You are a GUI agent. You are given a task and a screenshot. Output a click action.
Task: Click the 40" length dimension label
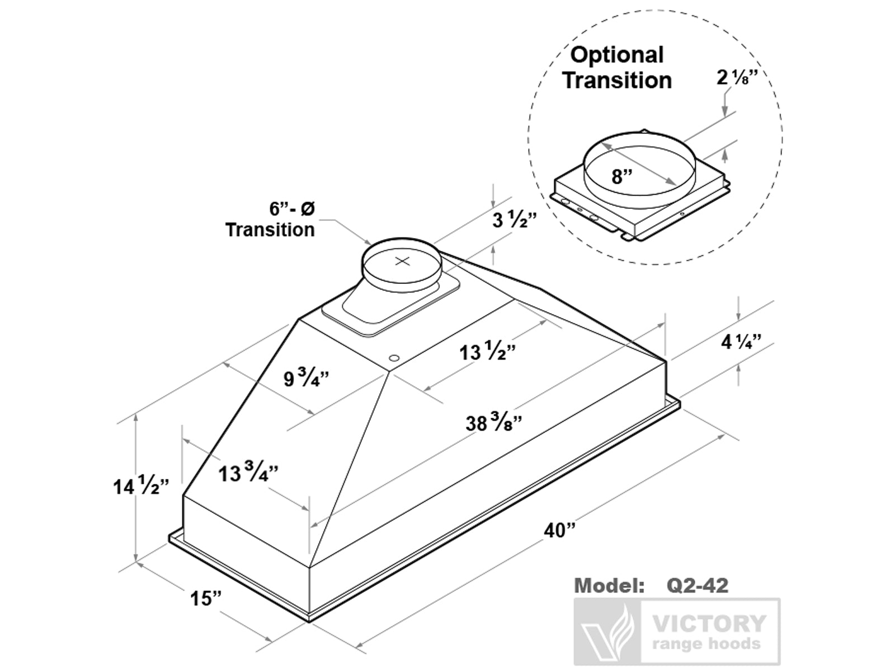point(559,530)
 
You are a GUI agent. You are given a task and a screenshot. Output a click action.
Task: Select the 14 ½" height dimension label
point(140,486)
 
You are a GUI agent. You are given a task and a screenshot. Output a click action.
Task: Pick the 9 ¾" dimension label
point(305,378)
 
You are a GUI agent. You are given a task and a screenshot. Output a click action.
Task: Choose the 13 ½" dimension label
point(487,352)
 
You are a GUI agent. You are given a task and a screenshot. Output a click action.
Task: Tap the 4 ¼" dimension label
point(741,341)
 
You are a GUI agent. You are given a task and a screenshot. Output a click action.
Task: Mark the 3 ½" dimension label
point(514,220)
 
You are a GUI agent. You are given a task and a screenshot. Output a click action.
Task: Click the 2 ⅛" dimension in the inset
point(737,78)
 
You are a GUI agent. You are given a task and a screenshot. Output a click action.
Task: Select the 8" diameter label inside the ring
point(621,177)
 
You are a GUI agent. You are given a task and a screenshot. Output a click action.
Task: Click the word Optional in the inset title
point(616,55)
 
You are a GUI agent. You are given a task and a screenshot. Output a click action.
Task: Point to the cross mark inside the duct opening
point(402,261)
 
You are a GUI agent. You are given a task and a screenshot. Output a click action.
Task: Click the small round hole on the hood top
point(394,357)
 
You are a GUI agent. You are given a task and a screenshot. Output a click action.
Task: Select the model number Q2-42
point(698,586)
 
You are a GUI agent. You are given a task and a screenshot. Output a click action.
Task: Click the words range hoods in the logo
point(706,644)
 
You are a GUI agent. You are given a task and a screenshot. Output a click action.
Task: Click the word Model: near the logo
point(609,586)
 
